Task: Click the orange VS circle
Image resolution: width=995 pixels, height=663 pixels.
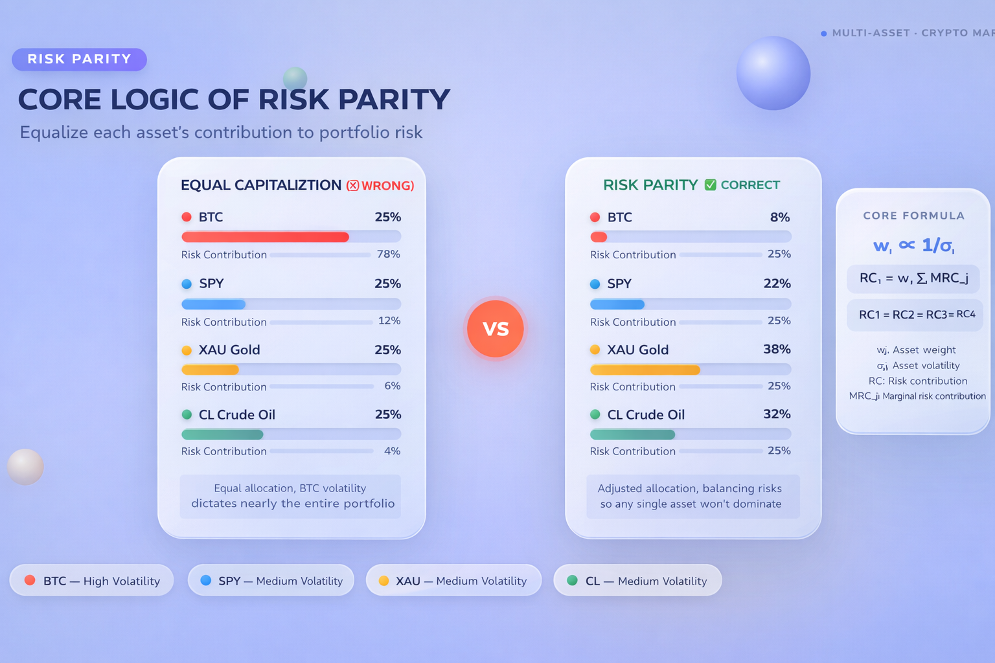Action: (x=496, y=328)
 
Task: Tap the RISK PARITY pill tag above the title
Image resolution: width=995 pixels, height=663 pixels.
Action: (x=79, y=59)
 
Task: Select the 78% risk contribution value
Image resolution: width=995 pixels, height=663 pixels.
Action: (x=389, y=254)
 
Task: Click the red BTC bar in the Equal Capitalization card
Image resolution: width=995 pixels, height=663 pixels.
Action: (x=265, y=237)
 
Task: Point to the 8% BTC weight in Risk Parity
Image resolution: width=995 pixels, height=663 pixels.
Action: (x=779, y=218)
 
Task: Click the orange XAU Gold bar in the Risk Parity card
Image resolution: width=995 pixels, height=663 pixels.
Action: (x=645, y=370)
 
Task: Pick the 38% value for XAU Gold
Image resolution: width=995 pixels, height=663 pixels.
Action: (x=777, y=350)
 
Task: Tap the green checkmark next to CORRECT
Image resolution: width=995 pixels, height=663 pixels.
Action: (x=710, y=185)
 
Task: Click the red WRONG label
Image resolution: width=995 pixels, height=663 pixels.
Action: (x=387, y=186)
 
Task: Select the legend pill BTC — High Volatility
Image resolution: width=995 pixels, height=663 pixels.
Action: (x=91, y=581)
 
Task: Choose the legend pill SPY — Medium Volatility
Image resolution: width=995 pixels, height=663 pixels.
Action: (x=271, y=581)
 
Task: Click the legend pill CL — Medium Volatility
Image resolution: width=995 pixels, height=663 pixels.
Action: (x=637, y=581)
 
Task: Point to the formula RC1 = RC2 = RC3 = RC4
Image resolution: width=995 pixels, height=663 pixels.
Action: (x=916, y=315)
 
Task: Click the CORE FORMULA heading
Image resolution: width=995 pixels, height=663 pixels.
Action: (x=913, y=216)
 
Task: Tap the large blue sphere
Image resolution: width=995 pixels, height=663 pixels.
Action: (x=773, y=73)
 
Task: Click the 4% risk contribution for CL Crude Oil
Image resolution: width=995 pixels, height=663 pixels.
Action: (x=392, y=451)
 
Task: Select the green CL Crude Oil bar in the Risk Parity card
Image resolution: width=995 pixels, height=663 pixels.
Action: (x=637, y=434)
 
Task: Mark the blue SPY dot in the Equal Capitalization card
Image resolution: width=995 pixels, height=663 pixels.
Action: (x=187, y=284)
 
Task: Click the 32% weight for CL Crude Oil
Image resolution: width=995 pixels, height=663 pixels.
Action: (x=777, y=414)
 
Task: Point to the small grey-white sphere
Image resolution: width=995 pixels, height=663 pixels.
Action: (x=25, y=466)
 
